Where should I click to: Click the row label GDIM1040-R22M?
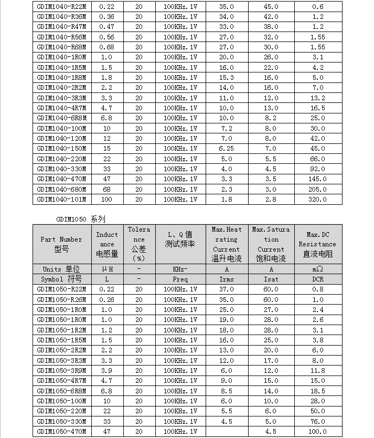coord(62,7)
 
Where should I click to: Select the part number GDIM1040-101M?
coord(62,199)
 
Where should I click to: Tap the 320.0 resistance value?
coord(317,199)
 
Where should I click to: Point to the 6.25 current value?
coord(226,149)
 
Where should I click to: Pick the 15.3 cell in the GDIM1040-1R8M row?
coord(226,78)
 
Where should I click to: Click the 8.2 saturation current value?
coord(271,118)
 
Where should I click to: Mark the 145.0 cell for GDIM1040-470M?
coord(317,179)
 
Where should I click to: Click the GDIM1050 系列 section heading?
coord(81,219)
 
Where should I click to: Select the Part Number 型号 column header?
coord(62,244)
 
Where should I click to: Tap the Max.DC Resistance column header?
coord(317,244)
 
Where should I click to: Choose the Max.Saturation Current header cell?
coord(271,244)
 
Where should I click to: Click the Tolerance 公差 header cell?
coord(138,244)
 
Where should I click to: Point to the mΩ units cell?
coord(317,269)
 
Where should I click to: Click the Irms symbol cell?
coord(226,279)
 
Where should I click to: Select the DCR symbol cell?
coord(317,279)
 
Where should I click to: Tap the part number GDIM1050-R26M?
coord(62,300)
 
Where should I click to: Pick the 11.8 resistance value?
coord(317,371)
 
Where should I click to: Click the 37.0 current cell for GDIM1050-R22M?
coord(226,289)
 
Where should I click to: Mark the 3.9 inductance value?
coord(106,371)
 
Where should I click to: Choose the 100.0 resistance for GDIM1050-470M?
coord(317,432)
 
